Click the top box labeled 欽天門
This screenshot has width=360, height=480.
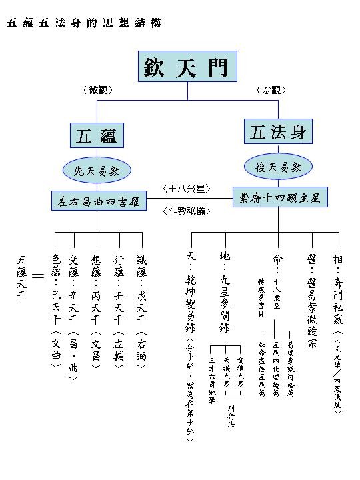point(187,66)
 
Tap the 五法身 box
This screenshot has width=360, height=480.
point(278,131)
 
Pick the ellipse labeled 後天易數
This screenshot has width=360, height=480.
point(279,167)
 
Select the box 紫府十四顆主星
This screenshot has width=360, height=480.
point(279,197)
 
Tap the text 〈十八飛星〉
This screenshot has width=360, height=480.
point(187,189)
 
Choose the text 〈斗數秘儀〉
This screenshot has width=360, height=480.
point(187,211)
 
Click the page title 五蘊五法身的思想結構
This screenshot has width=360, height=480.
point(83,23)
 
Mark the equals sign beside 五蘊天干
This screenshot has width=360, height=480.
point(38,275)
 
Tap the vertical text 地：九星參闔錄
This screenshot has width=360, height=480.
point(225,293)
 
